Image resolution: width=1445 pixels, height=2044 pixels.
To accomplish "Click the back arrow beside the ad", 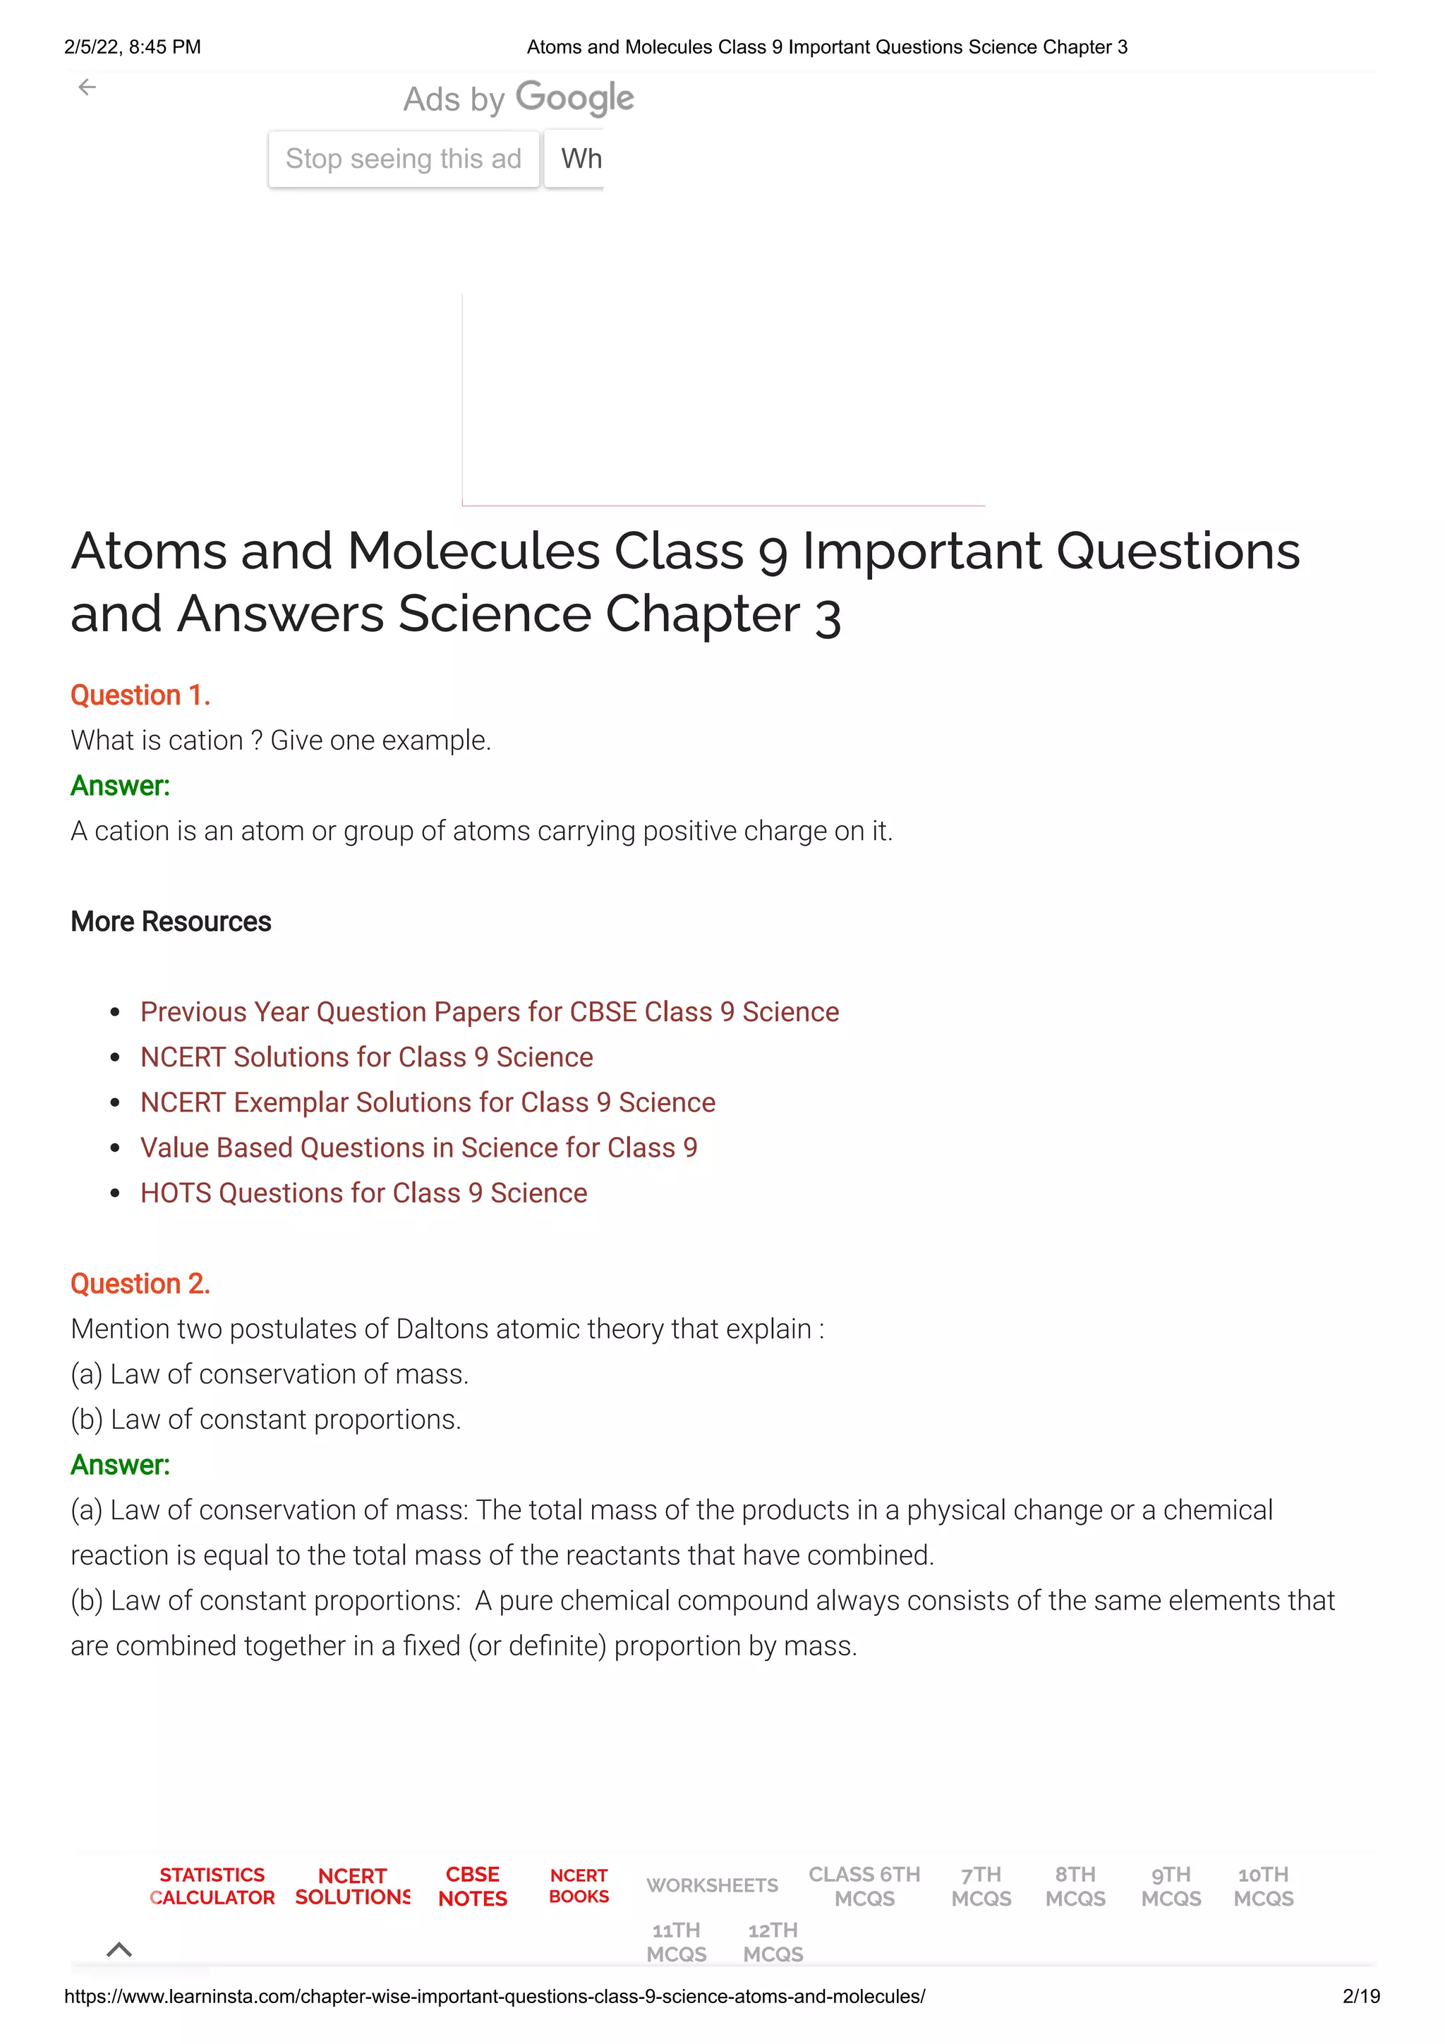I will pyautogui.click(x=87, y=87).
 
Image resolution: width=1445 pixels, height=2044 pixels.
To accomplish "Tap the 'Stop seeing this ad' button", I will pyautogui.click(x=404, y=159).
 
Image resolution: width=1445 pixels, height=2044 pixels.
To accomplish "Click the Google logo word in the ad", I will pyautogui.click(x=574, y=98).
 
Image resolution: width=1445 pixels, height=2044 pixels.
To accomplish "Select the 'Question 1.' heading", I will pyautogui.click(x=140, y=695).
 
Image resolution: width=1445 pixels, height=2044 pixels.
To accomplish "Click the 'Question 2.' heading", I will pyautogui.click(x=140, y=1283).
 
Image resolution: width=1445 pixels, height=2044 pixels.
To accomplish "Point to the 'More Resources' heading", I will pyautogui.click(x=171, y=921).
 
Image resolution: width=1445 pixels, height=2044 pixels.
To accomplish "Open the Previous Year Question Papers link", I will pyautogui.click(x=490, y=1011).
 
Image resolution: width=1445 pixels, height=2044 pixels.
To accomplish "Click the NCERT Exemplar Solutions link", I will pyautogui.click(x=428, y=1102).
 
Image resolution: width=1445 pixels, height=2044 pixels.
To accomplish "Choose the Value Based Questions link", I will pyautogui.click(x=418, y=1148).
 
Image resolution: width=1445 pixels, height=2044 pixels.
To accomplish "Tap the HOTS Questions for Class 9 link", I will pyautogui.click(x=363, y=1193).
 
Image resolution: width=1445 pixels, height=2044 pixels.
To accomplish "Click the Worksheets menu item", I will pyautogui.click(x=712, y=1885).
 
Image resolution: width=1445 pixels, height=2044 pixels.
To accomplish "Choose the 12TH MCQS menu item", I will pyautogui.click(x=773, y=1942).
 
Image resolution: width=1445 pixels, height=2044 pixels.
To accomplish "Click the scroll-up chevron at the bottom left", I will pyautogui.click(x=119, y=1949).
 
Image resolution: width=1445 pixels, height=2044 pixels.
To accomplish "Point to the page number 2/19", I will pyautogui.click(x=1361, y=1996).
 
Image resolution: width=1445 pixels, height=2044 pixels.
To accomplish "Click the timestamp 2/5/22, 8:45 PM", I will pyautogui.click(x=133, y=47).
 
